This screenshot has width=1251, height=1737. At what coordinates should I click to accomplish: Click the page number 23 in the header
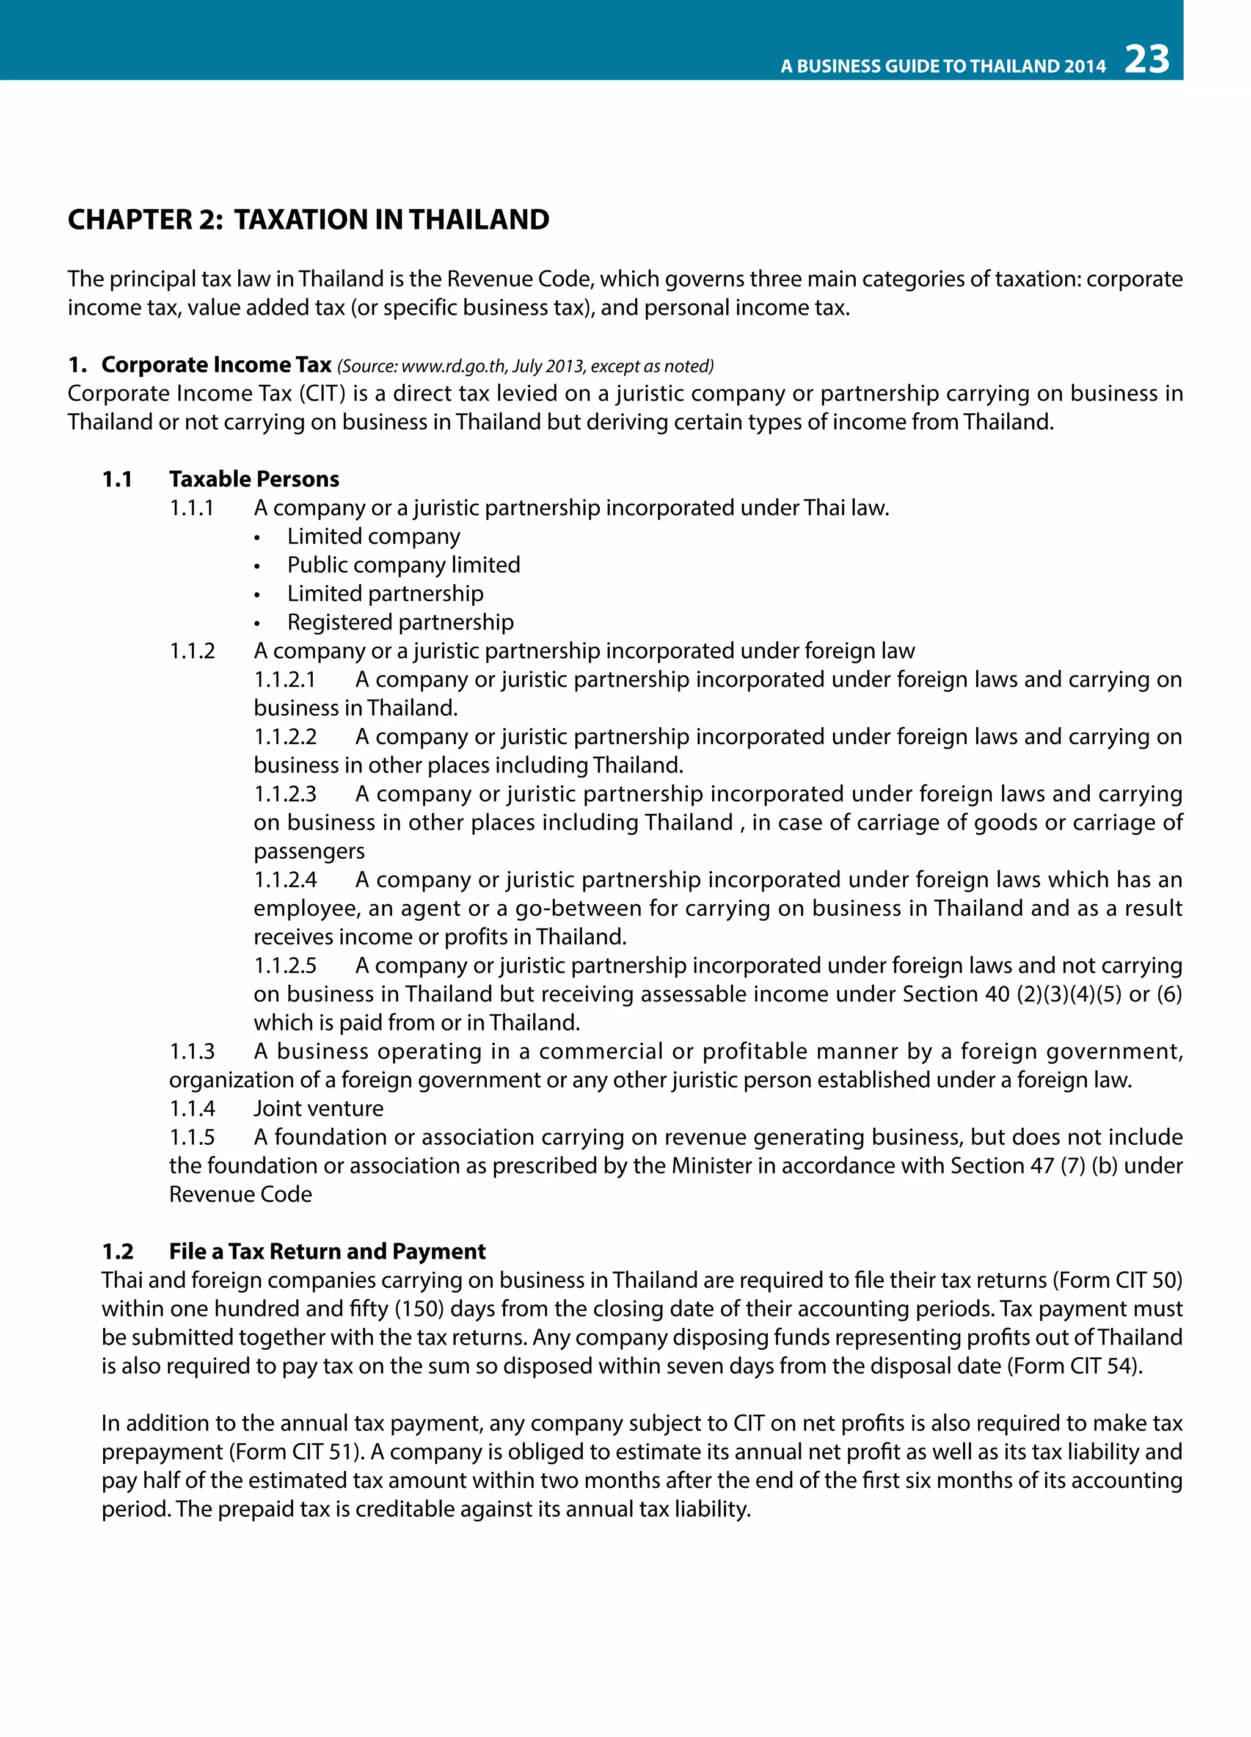pyautogui.click(x=1147, y=60)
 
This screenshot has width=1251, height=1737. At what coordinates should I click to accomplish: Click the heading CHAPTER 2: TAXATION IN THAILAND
pyautogui.click(x=308, y=220)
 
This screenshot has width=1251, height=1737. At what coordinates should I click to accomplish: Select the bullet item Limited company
pyautogui.click(x=373, y=537)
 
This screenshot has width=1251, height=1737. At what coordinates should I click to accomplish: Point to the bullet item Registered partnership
pyautogui.click(x=400, y=623)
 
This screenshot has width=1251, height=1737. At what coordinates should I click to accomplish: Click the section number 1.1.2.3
pyautogui.click(x=285, y=794)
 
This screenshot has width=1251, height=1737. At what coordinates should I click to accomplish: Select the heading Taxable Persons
pyautogui.click(x=253, y=479)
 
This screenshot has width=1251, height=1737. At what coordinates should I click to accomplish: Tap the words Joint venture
pyautogui.click(x=318, y=1109)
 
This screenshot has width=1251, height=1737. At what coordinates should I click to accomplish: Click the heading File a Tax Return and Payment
pyautogui.click(x=327, y=1252)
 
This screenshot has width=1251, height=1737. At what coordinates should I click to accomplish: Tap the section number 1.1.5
pyautogui.click(x=192, y=1137)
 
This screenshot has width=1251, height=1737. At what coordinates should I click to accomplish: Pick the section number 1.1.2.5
pyautogui.click(x=285, y=966)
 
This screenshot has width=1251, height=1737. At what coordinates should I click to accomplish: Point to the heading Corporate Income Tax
pyautogui.click(x=216, y=365)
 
